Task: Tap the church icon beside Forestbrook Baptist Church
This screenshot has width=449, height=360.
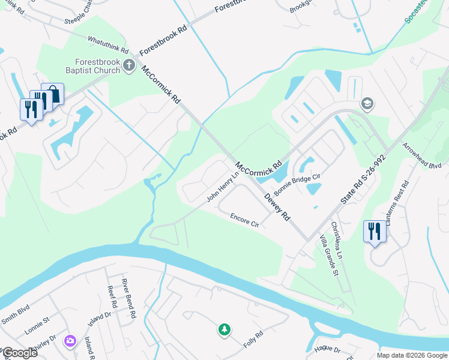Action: [x=128, y=65]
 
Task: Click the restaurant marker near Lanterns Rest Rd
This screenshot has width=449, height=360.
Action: [x=374, y=232]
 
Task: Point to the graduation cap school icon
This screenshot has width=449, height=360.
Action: [x=366, y=104]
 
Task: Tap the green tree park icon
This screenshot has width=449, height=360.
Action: [x=224, y=329]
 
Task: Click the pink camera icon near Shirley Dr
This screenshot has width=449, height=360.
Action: [x=70, y=340]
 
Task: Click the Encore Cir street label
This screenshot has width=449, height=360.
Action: [x=244, y=220]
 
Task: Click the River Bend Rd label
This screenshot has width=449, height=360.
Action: [x=129, y=298]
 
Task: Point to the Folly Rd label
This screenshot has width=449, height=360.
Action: [x=253, y=341]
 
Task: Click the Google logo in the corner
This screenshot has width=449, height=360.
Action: [x=20, y=352]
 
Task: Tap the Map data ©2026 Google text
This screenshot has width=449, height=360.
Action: [x=411, y=355]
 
